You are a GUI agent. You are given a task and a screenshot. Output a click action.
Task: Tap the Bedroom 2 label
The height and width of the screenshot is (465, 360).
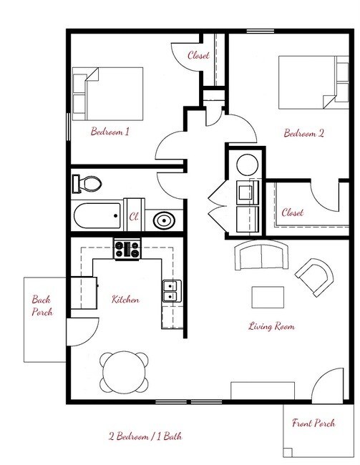click(x=305, y=132)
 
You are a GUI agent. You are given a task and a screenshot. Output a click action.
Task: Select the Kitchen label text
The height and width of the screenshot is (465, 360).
click(x=125, y=300)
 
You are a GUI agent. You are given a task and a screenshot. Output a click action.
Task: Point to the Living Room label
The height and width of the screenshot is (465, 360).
click(x=271, y=326)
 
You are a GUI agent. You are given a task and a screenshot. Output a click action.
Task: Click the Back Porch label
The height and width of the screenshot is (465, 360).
click(x=42, y=306)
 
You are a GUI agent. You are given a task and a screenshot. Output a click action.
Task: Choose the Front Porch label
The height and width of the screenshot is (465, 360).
click(x=313, y=423)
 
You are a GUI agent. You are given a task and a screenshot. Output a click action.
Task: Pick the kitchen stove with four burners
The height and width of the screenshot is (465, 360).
click(x=127, y=250)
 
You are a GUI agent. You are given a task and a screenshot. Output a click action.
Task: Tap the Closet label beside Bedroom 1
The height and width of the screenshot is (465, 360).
click(x=198, y=56)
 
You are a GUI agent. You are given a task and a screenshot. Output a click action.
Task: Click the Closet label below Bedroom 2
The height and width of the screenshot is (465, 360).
click(x=293, y=212)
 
